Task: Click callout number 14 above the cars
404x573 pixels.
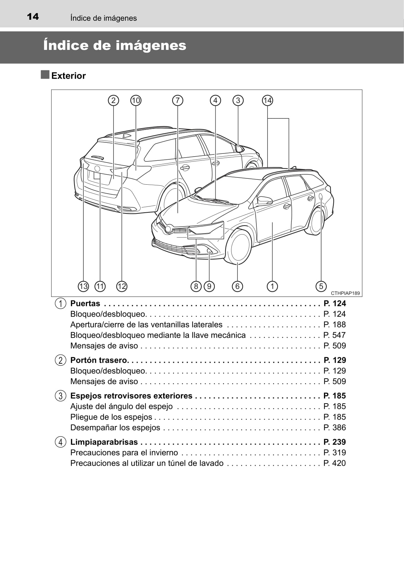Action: pyautogui.click(x=267, y=100)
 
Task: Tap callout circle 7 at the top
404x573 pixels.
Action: pyautogui.click(x=177, y=100)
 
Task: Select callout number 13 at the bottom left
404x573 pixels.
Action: pyautogui.click(x=83, y=286)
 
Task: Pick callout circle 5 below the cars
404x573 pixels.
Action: pyautogui.click(x=321, y=286)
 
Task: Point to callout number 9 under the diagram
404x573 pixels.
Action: pyautogui.click(x=209, y=286)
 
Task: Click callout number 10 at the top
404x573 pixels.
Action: pyautogui.click(x=136, y=100)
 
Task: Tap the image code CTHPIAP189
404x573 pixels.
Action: pyautogui.click(x=345, y=293)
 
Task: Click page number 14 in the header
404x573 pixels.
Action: pyautogui.click(x=33, y=17)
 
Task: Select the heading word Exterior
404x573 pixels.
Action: pyautogui.click(x=69, y=76)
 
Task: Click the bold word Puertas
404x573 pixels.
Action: pyautogui.click(x=85, y=303)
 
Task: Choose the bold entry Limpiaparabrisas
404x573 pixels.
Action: pyautogui.click(x=104, y=442)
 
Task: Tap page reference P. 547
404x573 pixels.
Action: pyautogui.click(x=334, y=335)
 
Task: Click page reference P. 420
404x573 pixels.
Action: pyautogui.click(x=334, y=463)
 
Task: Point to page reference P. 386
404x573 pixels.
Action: pyautogui.click(x=334, y=427)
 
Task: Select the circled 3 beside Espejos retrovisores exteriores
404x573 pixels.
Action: pyautogui.click(x=60, y=396)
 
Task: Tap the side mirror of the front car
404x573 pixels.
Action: pyautogui.click(x=265, y=200)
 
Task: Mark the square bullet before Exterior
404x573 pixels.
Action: pyautogui.click(x=45, y=75)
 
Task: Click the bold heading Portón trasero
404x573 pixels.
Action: pyautogui.click(x=99, y=360)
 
